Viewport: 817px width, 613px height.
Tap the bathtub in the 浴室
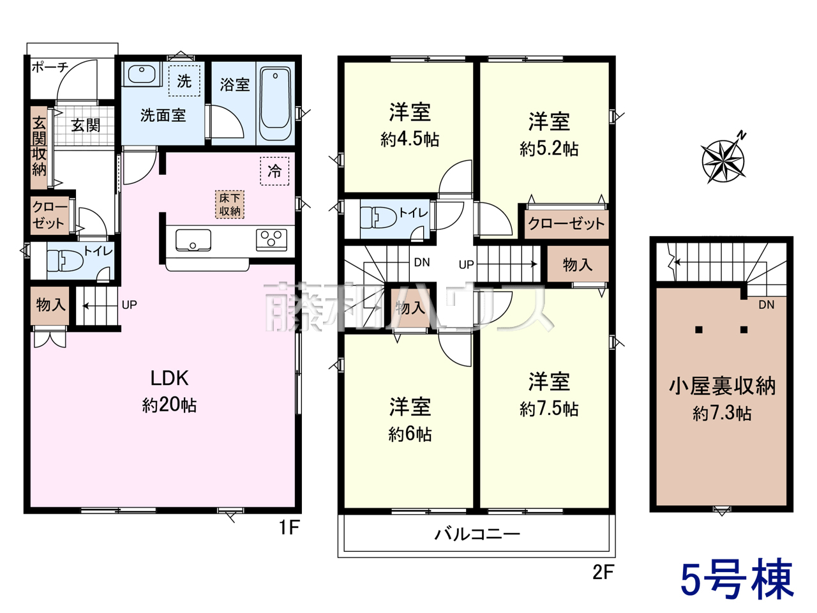click(x=275, y=103)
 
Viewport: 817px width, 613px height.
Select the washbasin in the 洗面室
click(x=142, y=74)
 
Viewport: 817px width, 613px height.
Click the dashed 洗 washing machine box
click(x=184, y=80)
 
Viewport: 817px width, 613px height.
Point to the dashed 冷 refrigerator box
click(x=274, y=171)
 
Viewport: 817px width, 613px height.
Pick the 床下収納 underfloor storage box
click(x=230, y=204)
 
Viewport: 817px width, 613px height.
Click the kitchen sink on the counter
click(x=193, y=240)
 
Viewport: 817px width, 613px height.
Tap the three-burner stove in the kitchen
click(x=271, y=239)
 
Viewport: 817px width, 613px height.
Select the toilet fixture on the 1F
click(x=66, y=260)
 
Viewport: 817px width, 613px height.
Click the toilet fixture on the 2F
click(x=378, y=217)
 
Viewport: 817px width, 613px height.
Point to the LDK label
click(x=170, y=378)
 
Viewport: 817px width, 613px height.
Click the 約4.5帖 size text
click(x=410, y=140)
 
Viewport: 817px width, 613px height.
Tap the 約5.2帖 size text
click(x=549, y=149)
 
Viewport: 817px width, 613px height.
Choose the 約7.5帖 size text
click(x=549, y=409)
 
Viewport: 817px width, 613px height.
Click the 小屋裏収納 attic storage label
click(x=722, y=386)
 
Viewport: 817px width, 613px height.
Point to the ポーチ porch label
click(x=50, y=68)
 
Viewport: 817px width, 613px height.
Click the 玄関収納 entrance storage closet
click(x=39, y=148)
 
